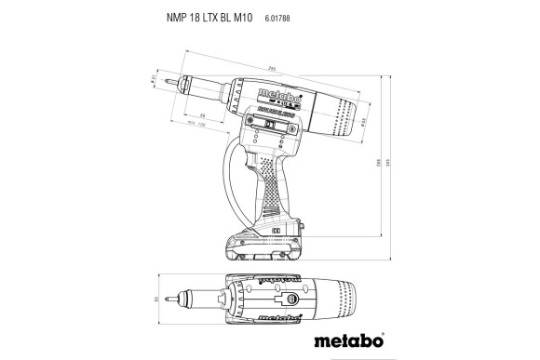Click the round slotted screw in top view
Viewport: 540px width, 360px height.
coord(290,299)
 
